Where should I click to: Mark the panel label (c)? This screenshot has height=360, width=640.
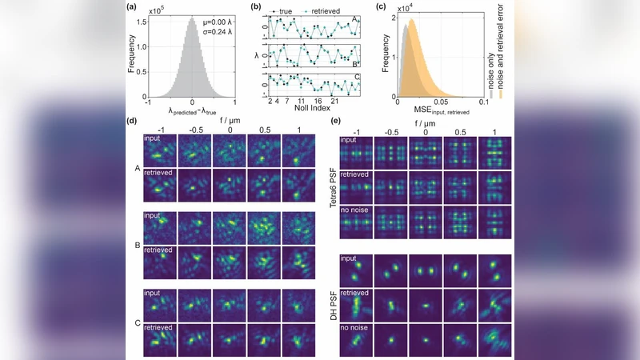(x=378, y=8)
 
